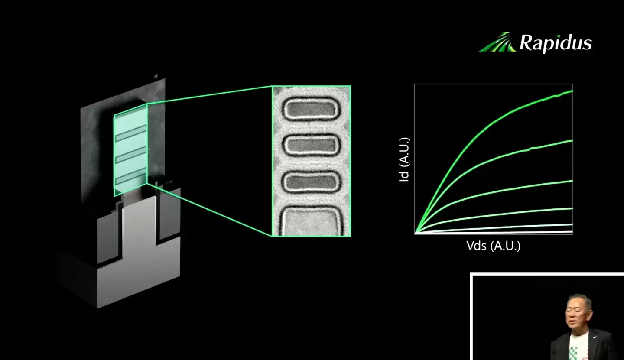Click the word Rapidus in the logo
coord(556,43)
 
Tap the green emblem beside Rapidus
coord(498,42)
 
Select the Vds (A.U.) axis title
coord(493,246)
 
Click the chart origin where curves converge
coord(416,233)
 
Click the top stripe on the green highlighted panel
coord(130,133)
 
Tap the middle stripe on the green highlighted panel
coord(130,155)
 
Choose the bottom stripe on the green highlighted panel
coord(130,177)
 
